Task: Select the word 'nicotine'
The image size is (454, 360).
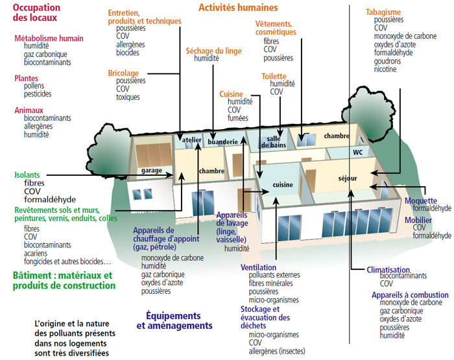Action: click(385, 87)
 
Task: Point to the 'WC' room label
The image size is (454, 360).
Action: click(357, 152)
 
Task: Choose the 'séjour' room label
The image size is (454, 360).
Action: click(348, 177)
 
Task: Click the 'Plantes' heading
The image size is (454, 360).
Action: click(26, 78)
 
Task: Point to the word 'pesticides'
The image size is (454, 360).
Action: click(38, 95)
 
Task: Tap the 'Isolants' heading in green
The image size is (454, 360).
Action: click(27, 175)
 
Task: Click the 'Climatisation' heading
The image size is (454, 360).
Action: click(388, 269)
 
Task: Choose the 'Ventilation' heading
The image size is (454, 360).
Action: click(258, 267)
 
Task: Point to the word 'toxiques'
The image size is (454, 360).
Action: click(128, 97)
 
